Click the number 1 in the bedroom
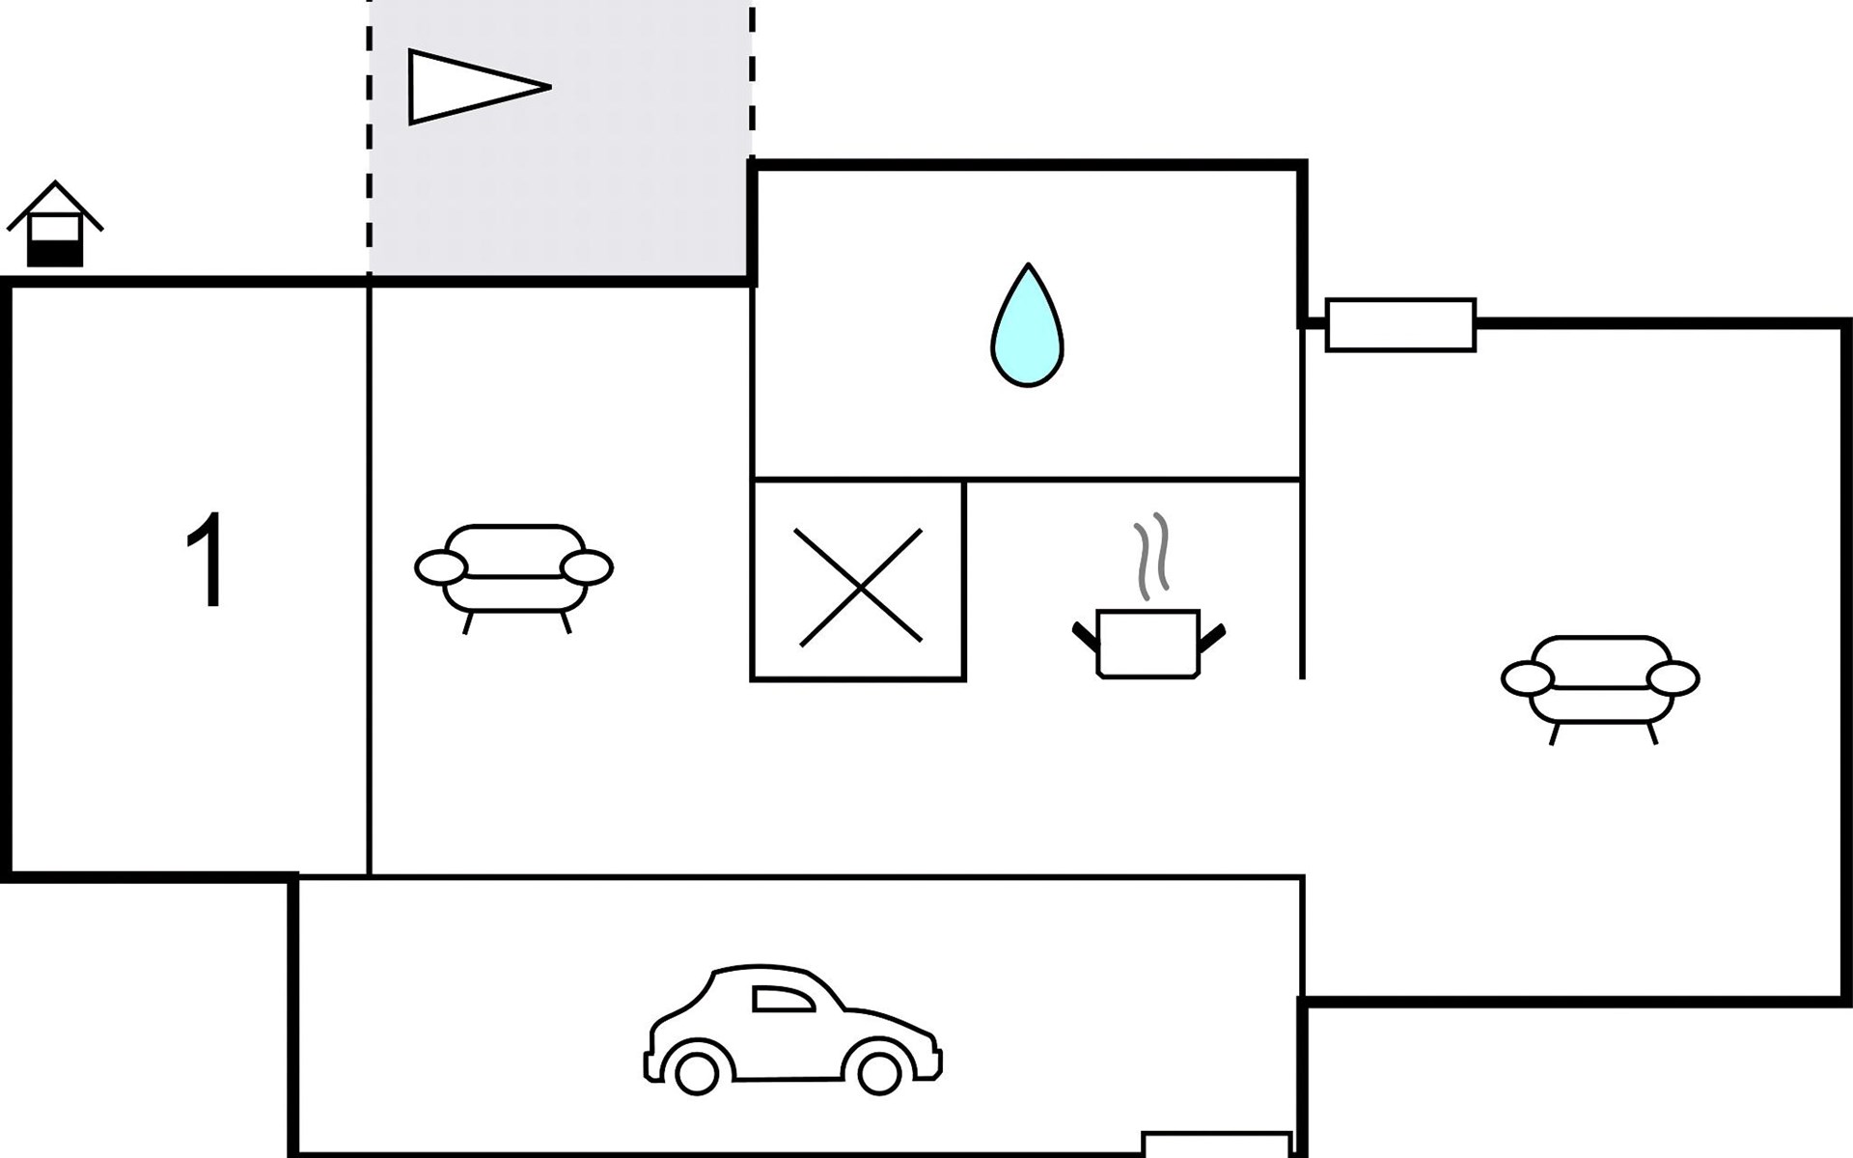tap(207, 561)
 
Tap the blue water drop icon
tap(1027, 327)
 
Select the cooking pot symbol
tap(1148, 643)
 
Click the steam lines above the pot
tap(1150, 554)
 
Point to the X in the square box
tap(858, 586)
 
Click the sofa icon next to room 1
tap(514, 572)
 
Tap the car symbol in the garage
tap(791, 1029)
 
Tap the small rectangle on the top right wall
tap(1400, 325)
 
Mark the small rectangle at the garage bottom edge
tap(1217, 1144)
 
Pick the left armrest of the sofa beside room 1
tap(441, 567)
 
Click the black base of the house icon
tap(55, 253)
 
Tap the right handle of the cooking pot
tap(1212, 637)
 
